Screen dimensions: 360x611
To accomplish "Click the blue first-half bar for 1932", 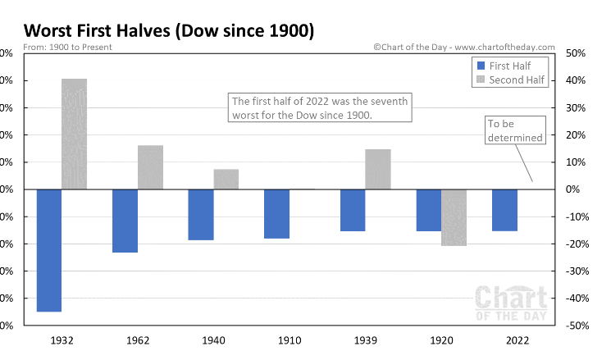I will (x=48, y=250).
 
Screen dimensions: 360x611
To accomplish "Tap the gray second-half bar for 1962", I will (x=150, y=167).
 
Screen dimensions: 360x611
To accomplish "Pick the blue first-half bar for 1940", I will (x=200, y=214).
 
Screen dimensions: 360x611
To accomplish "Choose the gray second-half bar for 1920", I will (x=453, y=217).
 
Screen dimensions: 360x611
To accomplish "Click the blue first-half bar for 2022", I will (x=504, y=210).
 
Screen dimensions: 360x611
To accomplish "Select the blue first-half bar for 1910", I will (x=276, y=213).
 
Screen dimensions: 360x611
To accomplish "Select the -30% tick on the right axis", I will (x=575, y=271).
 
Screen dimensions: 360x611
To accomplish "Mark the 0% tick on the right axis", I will (x=575, y=189).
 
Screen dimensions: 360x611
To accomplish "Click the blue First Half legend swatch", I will (x=481, y=66).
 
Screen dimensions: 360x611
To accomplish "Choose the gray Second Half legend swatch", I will (x=481, y=80).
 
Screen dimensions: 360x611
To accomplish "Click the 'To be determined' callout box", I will (x=515, y=131).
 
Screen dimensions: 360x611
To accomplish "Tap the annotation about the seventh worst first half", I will (x=319, y=108).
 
